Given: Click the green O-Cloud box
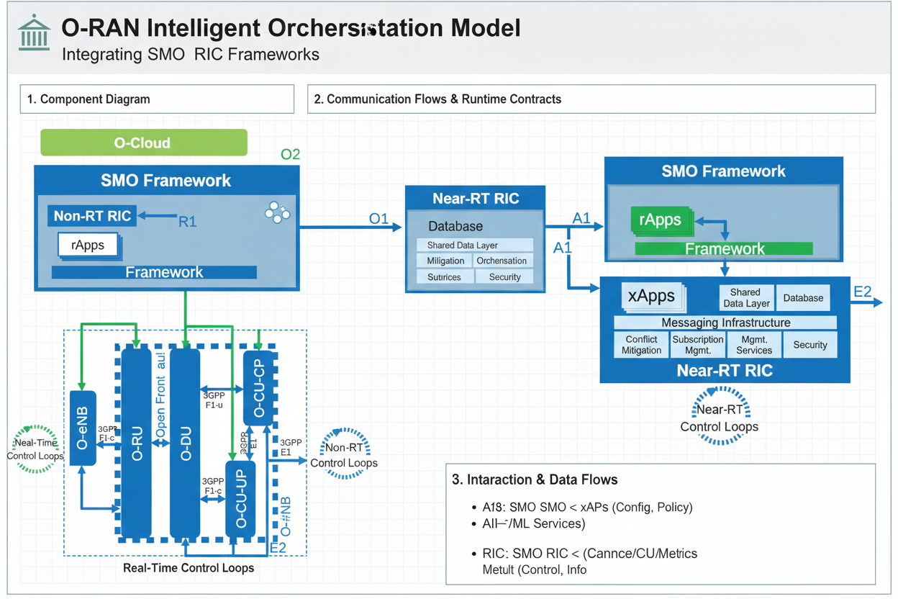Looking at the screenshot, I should pyautogui.click(x=143, y=143).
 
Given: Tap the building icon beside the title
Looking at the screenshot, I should pyautogui.click(x=34, y=32).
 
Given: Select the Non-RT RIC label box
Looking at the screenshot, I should pyautogui.click(x=92, y=215).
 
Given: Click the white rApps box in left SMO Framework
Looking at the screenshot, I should pyautogui.click(x=88, y=245).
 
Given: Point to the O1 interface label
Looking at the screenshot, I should pyautogui.click(x=378, y=219).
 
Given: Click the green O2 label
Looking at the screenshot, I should pyautogui.click(x=290, y=155).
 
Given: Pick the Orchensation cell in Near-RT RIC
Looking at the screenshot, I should pyautogui.click(x=502, y=261).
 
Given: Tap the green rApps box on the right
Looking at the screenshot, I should pyautogui.click(x=660, y=220).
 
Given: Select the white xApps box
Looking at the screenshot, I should pyautogui.click(x=651, y=295).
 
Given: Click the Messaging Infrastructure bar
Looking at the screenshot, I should pyautogui.click(x=725, y=323).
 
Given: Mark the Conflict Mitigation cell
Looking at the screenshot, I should pyautogui.click(x=641, y=345).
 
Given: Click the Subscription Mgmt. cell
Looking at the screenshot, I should pyautogui.click(x=697, y=345).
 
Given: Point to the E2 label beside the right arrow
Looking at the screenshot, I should pyautogui.click(x=862, y=292).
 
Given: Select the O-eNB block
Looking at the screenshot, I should pyautogui.click(x=83, y=428).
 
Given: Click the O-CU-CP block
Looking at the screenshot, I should pyautogui.click(x=259, y=389).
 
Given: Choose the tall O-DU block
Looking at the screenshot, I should pyautogui.click(x=185, y=443).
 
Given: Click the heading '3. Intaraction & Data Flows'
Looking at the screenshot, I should pyautogui.click(x=535, y=479).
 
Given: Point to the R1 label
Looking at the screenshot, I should pyautogui.click(x=187, y=222).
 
